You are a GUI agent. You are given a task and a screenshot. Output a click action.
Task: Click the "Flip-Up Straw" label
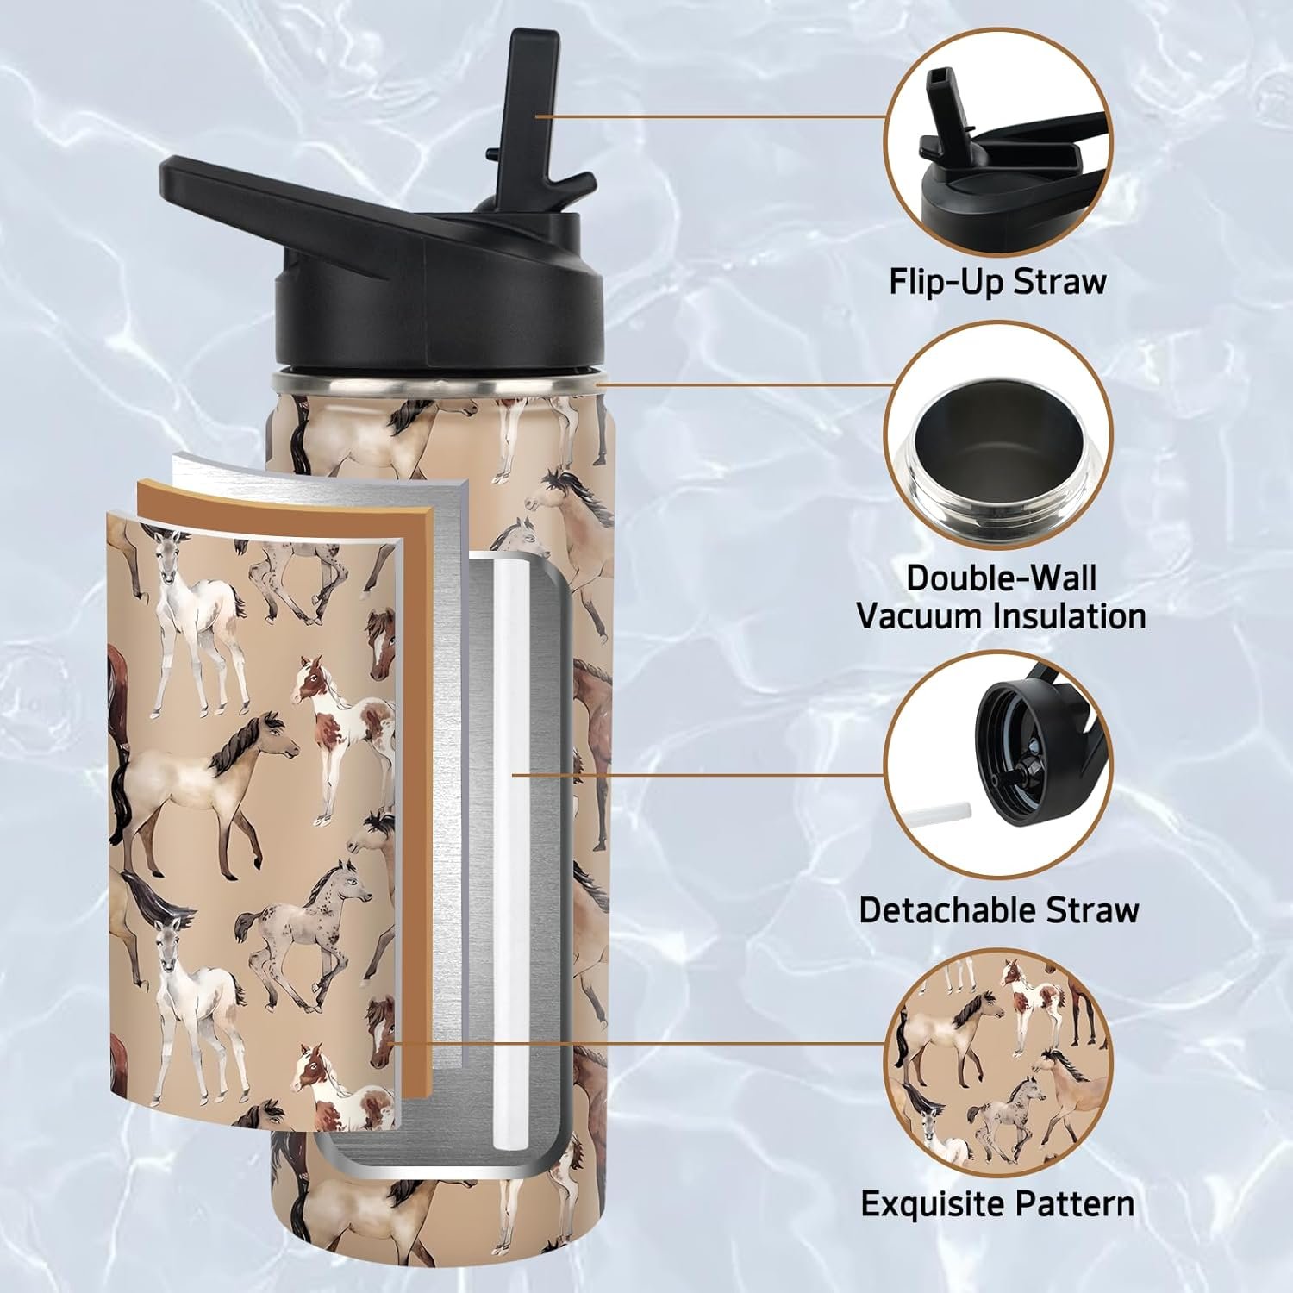(x=997, y=282)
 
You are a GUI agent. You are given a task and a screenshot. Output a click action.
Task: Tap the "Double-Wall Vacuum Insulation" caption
(x=1001, y=597)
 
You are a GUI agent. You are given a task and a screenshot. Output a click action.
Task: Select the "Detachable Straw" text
(x=999, y=910)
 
